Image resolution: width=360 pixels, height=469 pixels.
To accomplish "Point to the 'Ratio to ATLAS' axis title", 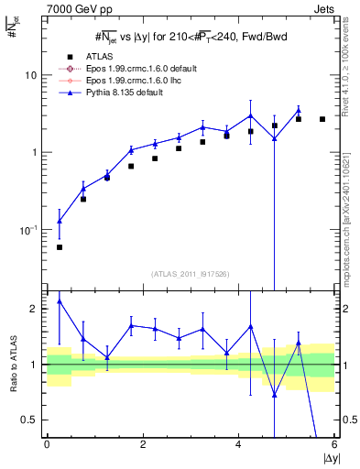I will [12, 364].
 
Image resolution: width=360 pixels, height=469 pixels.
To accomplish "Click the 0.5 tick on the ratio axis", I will [31, 420].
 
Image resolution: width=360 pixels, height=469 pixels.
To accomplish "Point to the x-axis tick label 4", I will [238, 444].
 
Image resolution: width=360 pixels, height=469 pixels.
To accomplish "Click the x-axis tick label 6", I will [334, 444].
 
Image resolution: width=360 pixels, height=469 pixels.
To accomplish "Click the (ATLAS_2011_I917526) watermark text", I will [190, 275].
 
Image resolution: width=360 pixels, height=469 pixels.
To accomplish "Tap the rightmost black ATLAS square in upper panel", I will [322, 119].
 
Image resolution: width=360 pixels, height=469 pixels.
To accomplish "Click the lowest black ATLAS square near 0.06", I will [60, 247].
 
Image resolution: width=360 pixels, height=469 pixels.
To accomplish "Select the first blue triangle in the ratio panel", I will [60, 300].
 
